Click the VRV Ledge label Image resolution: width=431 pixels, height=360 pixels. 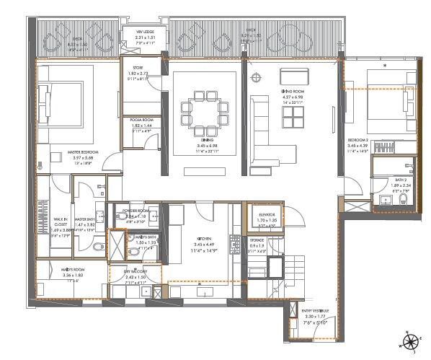tap(141, 32)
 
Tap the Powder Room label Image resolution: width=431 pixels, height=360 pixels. tap(135, 211)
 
